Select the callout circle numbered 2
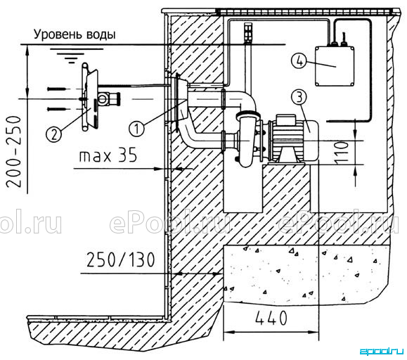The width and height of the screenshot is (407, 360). (53, 134)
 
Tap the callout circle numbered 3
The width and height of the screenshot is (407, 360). (299, 97)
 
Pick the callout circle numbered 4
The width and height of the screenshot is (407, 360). (299, 61)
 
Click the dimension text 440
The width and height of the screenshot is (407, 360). (271, 318)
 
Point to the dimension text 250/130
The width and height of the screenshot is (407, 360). (121, 260)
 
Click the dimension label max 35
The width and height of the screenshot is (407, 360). (108, 155)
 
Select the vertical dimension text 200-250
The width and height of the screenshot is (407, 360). (13, 152)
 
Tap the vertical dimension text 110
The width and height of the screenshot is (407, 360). (342, 153)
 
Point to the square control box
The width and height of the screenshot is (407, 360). (335, 66)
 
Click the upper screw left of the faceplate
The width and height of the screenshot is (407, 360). (55, 89)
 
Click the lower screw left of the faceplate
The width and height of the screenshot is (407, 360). (55, 109)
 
